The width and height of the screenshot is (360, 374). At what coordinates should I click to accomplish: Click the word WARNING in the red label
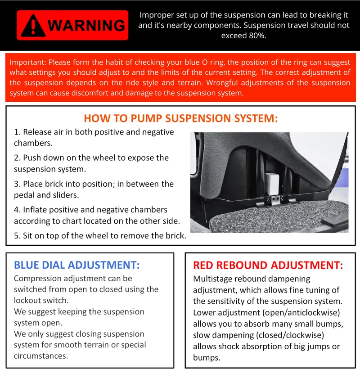coord(86,25)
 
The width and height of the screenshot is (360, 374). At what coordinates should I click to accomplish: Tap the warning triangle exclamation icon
coord(33,26)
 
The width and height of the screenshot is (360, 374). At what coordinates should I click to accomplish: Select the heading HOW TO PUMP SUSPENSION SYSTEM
coord(181,118)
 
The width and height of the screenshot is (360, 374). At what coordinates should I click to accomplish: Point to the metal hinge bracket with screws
coord(275,200)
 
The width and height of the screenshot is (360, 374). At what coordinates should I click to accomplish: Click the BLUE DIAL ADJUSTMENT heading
coord(77,265)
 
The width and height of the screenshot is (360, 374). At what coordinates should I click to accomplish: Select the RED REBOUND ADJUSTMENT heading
coord(268,265)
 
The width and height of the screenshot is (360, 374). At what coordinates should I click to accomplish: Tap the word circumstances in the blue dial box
coord(41,356)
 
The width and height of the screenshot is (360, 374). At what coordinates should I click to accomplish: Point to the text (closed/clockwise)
coord(290,335)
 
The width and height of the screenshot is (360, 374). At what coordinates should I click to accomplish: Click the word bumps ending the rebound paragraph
coord(207,358)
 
